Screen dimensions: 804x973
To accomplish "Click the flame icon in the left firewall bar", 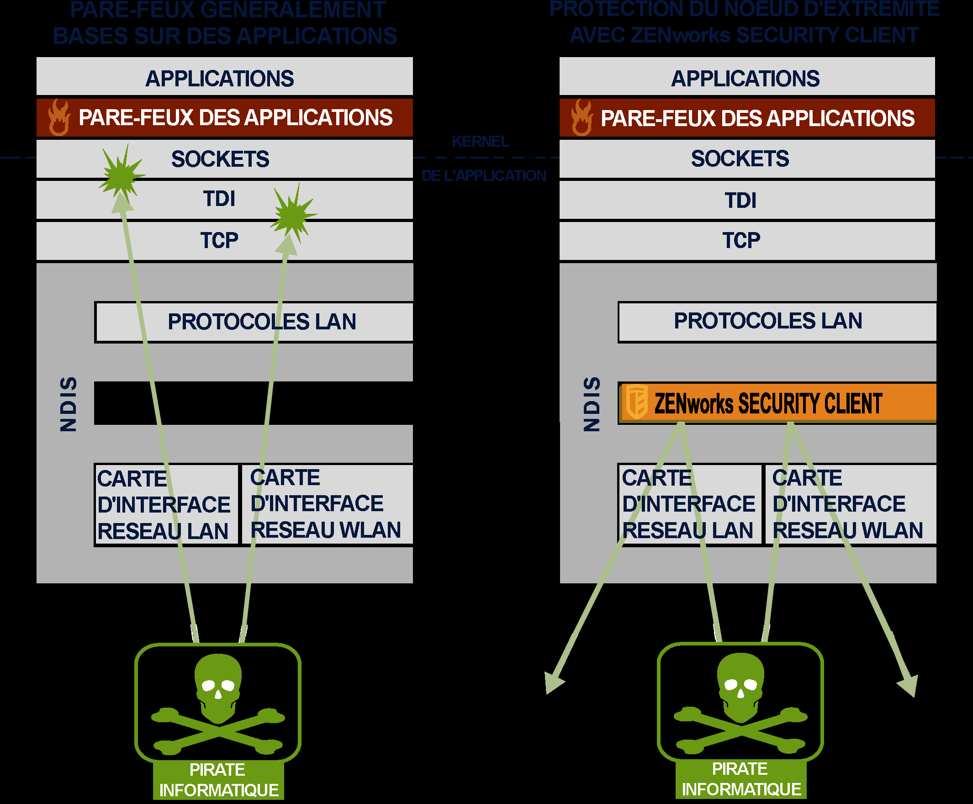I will coord(59,118).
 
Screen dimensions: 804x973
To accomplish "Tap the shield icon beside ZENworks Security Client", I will coord(637,402).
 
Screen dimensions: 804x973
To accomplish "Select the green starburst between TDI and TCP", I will coord(293,214).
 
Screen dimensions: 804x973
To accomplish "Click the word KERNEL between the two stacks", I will coord(480,141).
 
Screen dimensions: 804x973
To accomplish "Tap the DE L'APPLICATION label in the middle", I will coord(483,176).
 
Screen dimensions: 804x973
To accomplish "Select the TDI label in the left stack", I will coord(219,199).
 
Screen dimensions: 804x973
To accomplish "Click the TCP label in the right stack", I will coord(741,241).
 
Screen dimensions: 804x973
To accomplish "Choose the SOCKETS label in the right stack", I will coord(740,159).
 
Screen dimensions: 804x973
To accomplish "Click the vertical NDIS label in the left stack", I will coord(69,404).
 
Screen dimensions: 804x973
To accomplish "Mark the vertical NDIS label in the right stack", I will coord(592,404).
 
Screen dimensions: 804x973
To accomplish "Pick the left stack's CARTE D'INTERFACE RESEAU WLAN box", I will coord(327,504).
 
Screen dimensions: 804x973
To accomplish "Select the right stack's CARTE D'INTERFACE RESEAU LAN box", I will coord(689,504).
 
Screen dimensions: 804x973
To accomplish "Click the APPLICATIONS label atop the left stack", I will coord(220,79).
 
